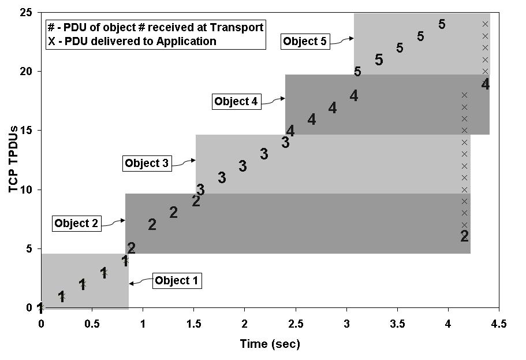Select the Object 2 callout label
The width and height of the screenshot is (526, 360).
[77, 223]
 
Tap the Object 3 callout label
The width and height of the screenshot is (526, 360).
[147, 164]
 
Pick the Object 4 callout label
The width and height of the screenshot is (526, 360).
[236, 101]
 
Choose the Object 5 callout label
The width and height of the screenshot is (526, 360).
[305, 42]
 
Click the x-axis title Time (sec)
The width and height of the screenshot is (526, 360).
[270, 344]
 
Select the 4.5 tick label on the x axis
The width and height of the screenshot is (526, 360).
[499, 323]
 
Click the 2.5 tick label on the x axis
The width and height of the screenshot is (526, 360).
[295, 323]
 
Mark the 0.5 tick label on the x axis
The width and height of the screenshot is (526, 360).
[91, 323]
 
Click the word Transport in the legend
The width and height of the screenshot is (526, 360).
[240, 27]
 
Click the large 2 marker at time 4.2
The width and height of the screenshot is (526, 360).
[464, 236]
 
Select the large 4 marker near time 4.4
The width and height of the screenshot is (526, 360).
[485, 84]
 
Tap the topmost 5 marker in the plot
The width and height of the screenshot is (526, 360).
[442, 24]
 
